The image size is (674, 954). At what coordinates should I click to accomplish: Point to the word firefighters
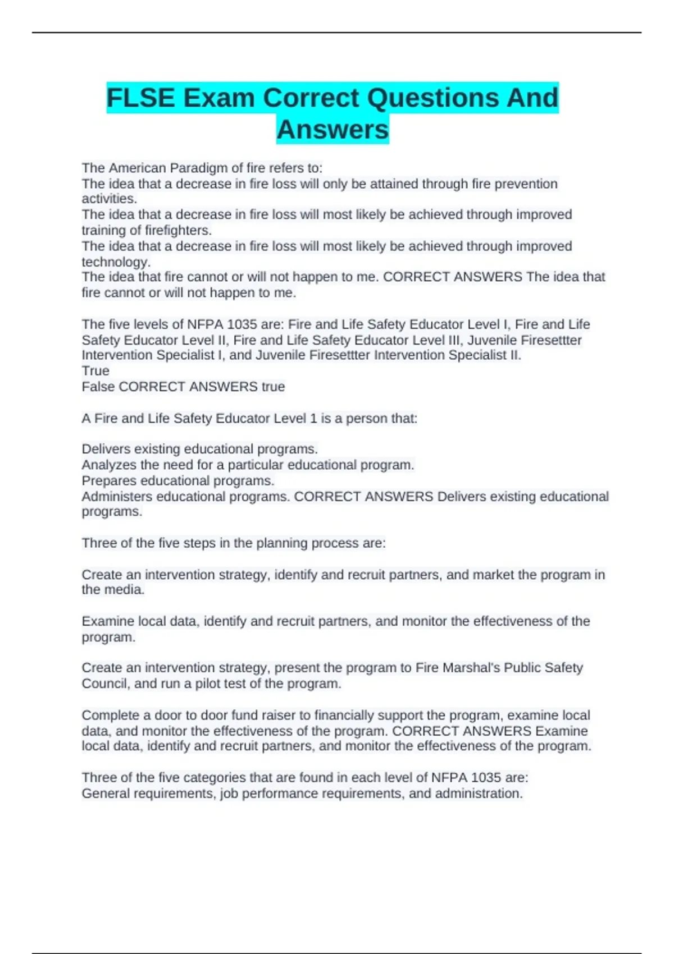178,230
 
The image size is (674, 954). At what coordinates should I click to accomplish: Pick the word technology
116,262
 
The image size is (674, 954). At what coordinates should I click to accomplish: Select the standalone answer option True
95,371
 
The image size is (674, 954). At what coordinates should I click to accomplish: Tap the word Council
104,684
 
